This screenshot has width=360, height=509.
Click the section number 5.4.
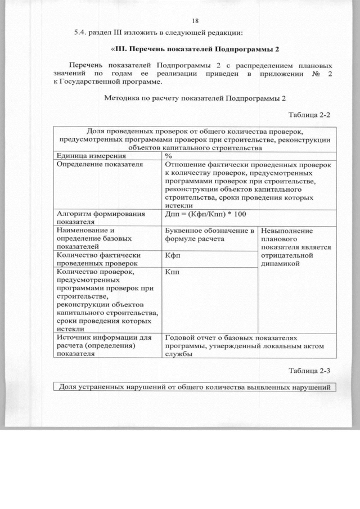(82, 32)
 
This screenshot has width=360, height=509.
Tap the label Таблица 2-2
(309, 115)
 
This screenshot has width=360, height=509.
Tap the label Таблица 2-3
(309, 371)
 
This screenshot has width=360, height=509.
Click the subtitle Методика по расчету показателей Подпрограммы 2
(195, 98)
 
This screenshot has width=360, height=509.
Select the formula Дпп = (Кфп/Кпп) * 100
(206, 214)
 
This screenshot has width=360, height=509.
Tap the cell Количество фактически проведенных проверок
(98, 259)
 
